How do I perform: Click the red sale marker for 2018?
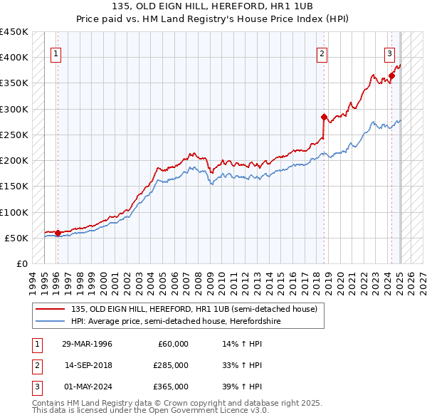tap(324, 117)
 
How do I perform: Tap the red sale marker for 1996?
tap(58, 233)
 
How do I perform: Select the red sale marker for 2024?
tap(391, 75)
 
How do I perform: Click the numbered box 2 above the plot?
tap(322, 52)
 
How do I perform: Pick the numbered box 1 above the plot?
tap(56, 52)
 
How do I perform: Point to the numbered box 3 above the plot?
tap(390, 52)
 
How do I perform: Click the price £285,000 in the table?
tap(171, 365)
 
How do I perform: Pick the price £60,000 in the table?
tap(173, 344)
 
